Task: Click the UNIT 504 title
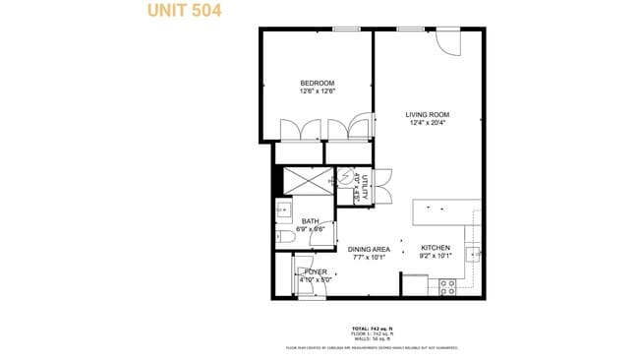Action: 184,11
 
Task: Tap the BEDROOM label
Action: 318,83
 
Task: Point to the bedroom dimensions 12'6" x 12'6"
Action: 318,91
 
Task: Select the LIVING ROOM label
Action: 427,115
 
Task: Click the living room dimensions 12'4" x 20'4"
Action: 427,124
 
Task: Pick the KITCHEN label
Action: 436,247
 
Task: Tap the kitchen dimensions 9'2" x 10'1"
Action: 436,256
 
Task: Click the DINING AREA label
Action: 370,250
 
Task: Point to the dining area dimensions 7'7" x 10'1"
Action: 370,259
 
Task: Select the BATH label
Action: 310,221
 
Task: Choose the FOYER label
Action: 316,271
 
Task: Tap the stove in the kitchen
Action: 447,286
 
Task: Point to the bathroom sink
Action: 282,209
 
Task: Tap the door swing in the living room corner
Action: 448,42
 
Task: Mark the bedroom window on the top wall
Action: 345,29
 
